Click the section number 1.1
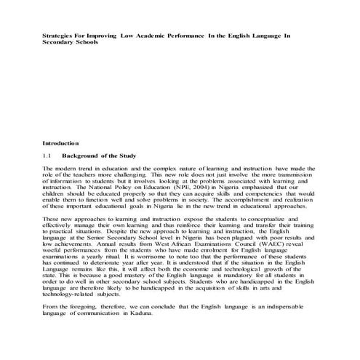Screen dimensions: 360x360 47,156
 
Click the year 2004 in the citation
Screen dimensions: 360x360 183,187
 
